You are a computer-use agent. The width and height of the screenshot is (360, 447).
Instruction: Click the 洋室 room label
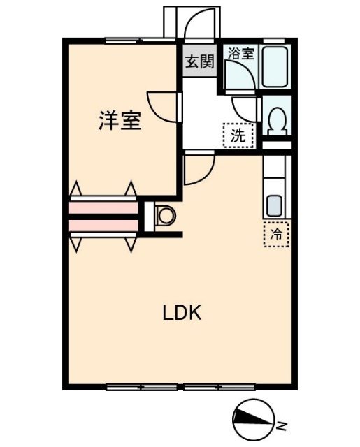[x=120, y=121]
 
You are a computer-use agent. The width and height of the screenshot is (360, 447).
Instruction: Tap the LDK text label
[x=182, y=313]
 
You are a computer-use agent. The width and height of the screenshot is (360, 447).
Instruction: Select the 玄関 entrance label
[x=199, y=61]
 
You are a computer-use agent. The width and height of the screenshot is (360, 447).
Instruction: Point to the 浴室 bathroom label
[x=240, y=53]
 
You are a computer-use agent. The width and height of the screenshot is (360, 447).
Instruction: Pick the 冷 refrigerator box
[x=277, y=233]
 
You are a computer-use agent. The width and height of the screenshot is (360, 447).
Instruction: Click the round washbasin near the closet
[x=166, y=215]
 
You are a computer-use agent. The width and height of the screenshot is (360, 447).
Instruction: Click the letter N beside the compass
[x=280, y=424]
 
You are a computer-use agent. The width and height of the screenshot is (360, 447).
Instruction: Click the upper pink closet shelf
[x=103, y=207]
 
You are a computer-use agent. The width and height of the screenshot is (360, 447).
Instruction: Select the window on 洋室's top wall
[x=138, y=40]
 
